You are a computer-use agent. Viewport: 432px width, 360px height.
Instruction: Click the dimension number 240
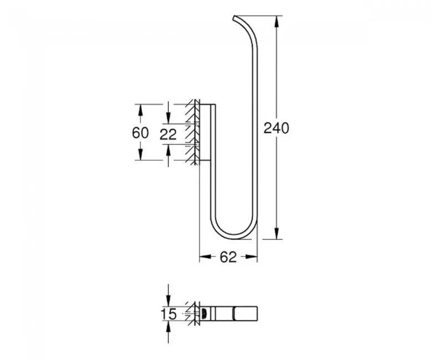[276, 128]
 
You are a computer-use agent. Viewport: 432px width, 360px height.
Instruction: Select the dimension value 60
[141, 133]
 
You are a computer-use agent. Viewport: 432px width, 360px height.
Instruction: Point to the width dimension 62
[228, 257]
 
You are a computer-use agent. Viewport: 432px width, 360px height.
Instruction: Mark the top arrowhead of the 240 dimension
[276, 20]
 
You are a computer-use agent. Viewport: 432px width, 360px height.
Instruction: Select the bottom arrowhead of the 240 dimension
[276, 234]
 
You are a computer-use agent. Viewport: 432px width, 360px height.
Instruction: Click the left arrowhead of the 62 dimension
[203, 257]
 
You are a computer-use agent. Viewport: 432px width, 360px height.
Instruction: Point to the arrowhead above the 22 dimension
[168, 119]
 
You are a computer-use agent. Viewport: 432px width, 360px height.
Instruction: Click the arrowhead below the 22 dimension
[168, 148]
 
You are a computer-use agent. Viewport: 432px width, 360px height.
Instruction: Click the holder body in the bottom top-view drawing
[227, 314]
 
